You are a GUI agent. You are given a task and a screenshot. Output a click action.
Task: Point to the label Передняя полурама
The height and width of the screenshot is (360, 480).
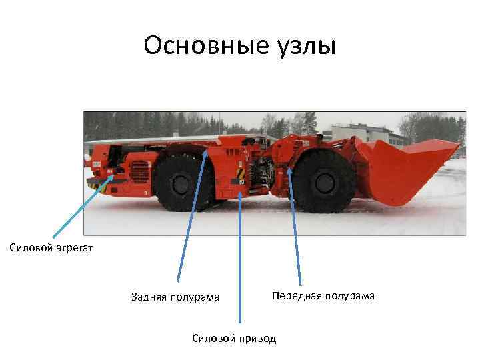[323, 295]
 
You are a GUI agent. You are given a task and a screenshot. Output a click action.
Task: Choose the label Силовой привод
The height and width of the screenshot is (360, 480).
[233, 338]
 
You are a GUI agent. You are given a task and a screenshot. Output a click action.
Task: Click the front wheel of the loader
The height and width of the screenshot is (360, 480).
[323, 182]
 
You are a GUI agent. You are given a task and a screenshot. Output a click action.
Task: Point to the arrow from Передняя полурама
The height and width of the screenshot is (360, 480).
[295, 227]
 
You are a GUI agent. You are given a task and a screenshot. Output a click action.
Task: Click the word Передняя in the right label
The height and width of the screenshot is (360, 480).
[293, 295]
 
